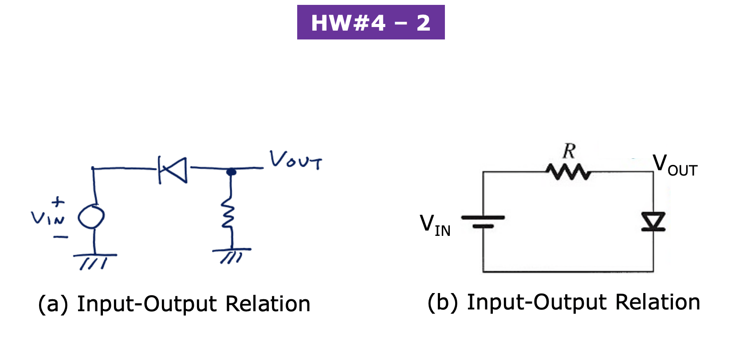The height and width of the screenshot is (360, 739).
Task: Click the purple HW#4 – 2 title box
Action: [x=370, y=22]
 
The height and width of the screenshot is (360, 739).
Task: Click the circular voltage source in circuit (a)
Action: [x=91, y=217]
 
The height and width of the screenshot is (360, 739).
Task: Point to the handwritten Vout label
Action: [x=296, y=160]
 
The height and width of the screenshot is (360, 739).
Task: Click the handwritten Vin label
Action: [x=47, y=218]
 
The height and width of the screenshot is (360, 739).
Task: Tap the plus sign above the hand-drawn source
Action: [x=58, y=202]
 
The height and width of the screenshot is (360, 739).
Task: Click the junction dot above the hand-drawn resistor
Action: [x=231, y=172]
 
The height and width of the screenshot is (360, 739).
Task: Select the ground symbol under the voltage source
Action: [x=94, y=261]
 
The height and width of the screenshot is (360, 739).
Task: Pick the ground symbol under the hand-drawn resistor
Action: [x=232, y=255]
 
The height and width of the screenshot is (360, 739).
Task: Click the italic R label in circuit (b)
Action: [x=569, y=152]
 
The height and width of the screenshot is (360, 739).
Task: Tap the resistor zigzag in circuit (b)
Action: [x=568, y=172]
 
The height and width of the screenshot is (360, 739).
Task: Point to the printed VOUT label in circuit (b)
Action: [x=675, y=165]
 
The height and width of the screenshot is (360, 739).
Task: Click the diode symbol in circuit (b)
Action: [x=653, y=221]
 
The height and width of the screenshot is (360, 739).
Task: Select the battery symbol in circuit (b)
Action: [x=483, y=221]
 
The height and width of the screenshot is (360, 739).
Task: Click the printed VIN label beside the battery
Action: [x=435, y=225]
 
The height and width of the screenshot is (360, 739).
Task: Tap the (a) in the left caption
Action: [x=53, y=305]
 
